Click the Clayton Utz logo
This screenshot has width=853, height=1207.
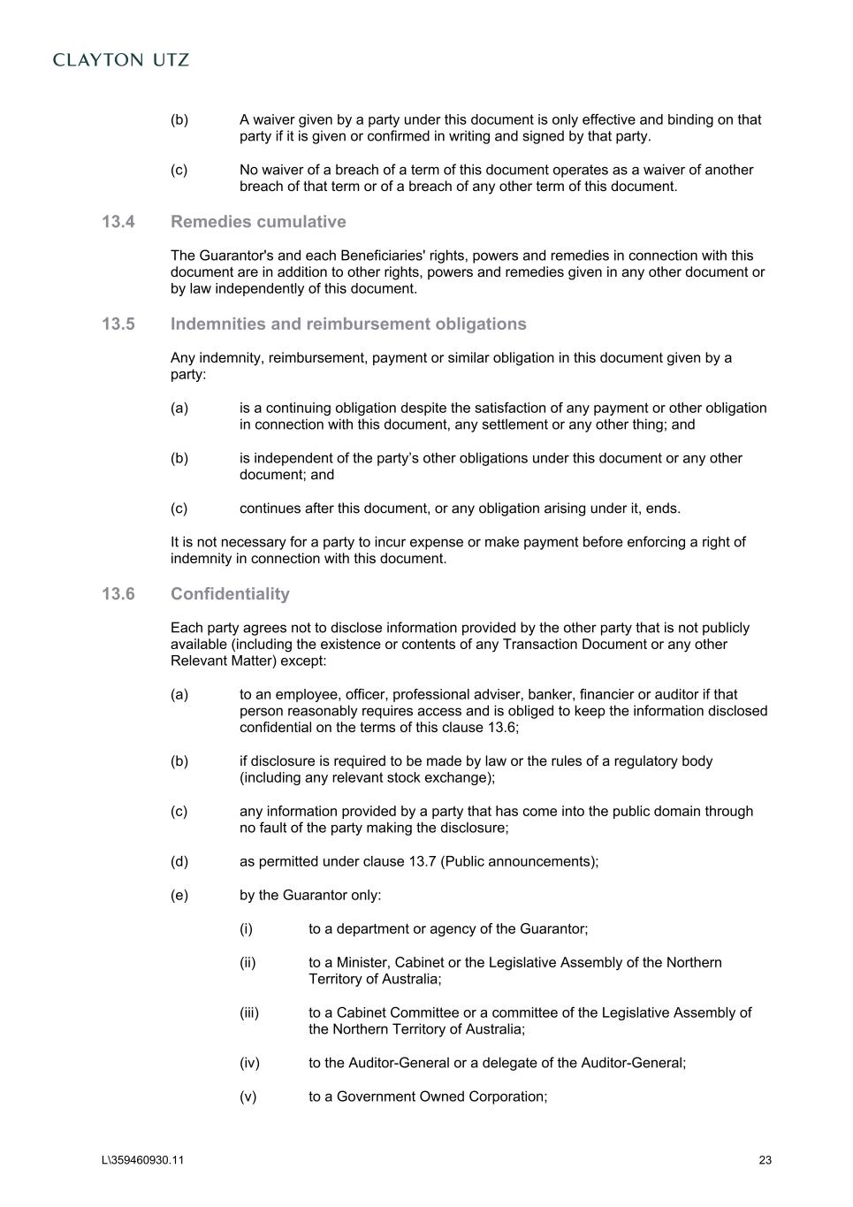(x=121, y=60)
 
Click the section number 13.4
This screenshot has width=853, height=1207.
(x=118, y=222)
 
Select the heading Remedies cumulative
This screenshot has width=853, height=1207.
(x=258, y=222)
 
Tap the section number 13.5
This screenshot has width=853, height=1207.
(x=118, y=325)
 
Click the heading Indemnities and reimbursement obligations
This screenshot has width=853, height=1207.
(x=348, y=325)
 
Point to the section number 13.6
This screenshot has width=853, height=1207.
(x=118, y=594)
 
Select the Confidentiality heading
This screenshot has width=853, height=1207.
(x=230, y=594)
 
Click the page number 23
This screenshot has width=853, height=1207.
(x=765, y=1161)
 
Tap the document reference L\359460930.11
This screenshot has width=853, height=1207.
(x=143, y=1161)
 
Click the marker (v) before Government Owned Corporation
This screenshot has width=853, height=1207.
(x=248, y=1097)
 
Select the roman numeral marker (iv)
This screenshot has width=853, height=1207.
(x=249, y=1064)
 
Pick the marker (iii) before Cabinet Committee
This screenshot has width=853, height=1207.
(x=249, y=1013)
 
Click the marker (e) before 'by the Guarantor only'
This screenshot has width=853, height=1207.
(x=179, y=896)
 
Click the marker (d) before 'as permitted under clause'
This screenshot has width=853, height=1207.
(x=179, y=862)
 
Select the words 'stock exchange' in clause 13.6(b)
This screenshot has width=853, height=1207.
(x=446, y=778)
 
